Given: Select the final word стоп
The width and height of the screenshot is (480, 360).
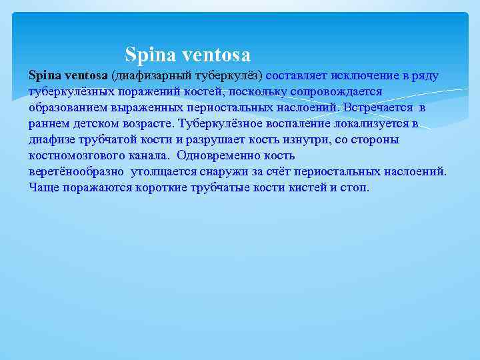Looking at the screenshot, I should point(354,187).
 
